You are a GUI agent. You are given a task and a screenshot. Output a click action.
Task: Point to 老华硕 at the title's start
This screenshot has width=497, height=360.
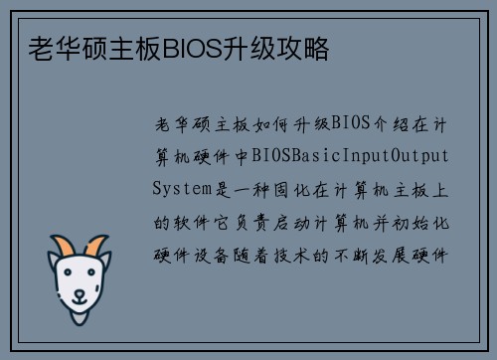[x=57, y=47]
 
